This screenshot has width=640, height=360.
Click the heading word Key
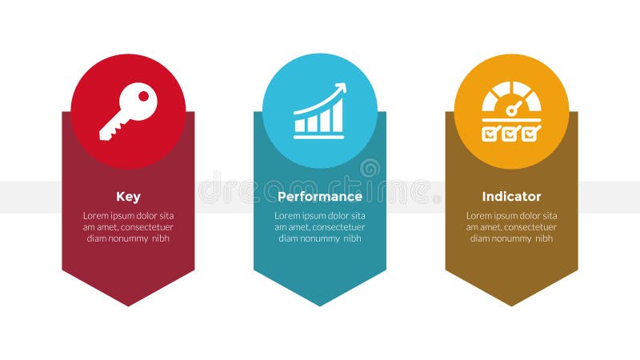click(x=128, y=197)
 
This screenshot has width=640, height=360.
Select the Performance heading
click(x=320, y=197)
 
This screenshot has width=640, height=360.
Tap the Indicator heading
click(x=511, y=197)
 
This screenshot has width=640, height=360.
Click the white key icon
click(x=128, y=111)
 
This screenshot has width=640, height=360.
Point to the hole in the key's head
click(x=144, y=96)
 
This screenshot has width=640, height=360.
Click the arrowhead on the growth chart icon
click(x=342, y=87)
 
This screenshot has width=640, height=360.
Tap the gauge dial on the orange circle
click(x=512, y=98)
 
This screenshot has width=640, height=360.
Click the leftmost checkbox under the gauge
click(x=490, y=134)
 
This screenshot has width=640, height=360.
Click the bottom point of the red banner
click(x=128, y=304)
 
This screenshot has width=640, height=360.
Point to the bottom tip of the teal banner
click(x=320, y=304)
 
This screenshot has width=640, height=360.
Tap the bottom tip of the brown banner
click(x=511, y=304)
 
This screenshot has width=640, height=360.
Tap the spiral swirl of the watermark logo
click(x=370, y=169)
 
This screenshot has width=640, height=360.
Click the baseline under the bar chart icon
click(x=319, y=137)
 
